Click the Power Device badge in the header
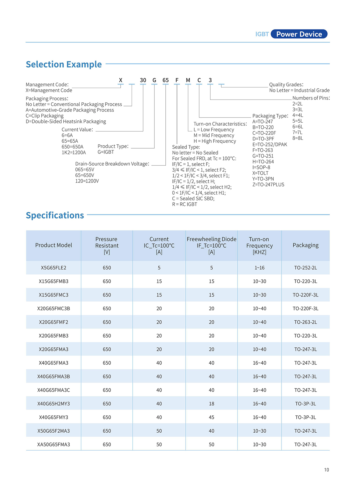point(299,34)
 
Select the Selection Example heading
point(64,64)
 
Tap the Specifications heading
point(55,215)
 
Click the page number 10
point(326,470)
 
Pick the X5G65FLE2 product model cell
point(53,268)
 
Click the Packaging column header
point(305,245)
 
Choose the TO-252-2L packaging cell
point(305,268)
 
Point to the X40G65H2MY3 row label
point(53,404)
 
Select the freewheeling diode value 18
point(211,404)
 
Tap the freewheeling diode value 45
point(211,417)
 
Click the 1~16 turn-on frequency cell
point(259,268)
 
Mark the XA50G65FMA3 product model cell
point(53,444)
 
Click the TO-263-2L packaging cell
point(305,322)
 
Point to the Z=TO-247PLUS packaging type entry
point(268,185)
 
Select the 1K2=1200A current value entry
point(74,152)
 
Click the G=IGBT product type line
point(106,152)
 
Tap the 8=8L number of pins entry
point(298,138)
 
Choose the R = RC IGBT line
point(184,204)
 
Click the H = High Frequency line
point(215,141)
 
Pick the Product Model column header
point(53,245)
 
